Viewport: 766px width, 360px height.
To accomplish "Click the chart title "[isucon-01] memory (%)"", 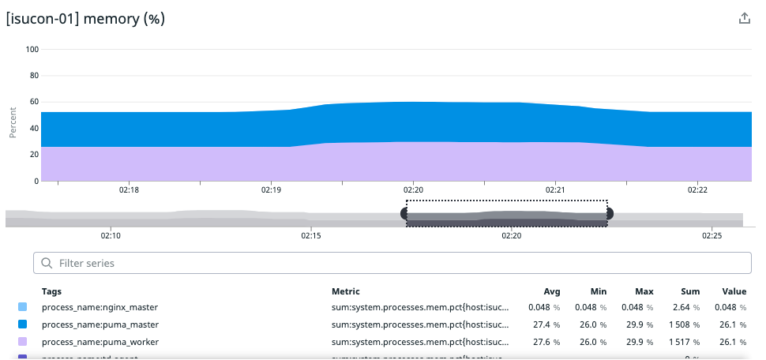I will (85, 18).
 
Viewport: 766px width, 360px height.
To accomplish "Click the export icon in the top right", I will (744, 18).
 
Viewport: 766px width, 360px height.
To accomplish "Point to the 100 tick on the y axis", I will (32, 49).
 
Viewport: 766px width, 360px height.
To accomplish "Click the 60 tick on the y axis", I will (34, 102).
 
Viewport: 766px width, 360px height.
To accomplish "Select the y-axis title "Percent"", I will (13, 123).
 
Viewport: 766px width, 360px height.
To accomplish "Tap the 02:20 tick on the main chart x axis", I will (413, 190).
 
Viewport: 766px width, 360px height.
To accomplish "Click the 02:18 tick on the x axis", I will (129, 190).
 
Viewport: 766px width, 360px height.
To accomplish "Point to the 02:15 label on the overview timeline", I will (311, 235).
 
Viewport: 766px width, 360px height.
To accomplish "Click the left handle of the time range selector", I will (406, 213).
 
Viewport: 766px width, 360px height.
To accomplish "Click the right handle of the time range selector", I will (608, 213).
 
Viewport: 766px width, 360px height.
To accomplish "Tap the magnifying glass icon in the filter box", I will (47, 263).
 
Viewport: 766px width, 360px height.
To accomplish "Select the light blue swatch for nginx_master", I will (22, 307).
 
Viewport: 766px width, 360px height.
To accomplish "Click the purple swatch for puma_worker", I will (22, 342).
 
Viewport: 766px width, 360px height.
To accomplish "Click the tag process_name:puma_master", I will (100, 324).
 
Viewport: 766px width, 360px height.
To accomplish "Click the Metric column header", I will (345, 291).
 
